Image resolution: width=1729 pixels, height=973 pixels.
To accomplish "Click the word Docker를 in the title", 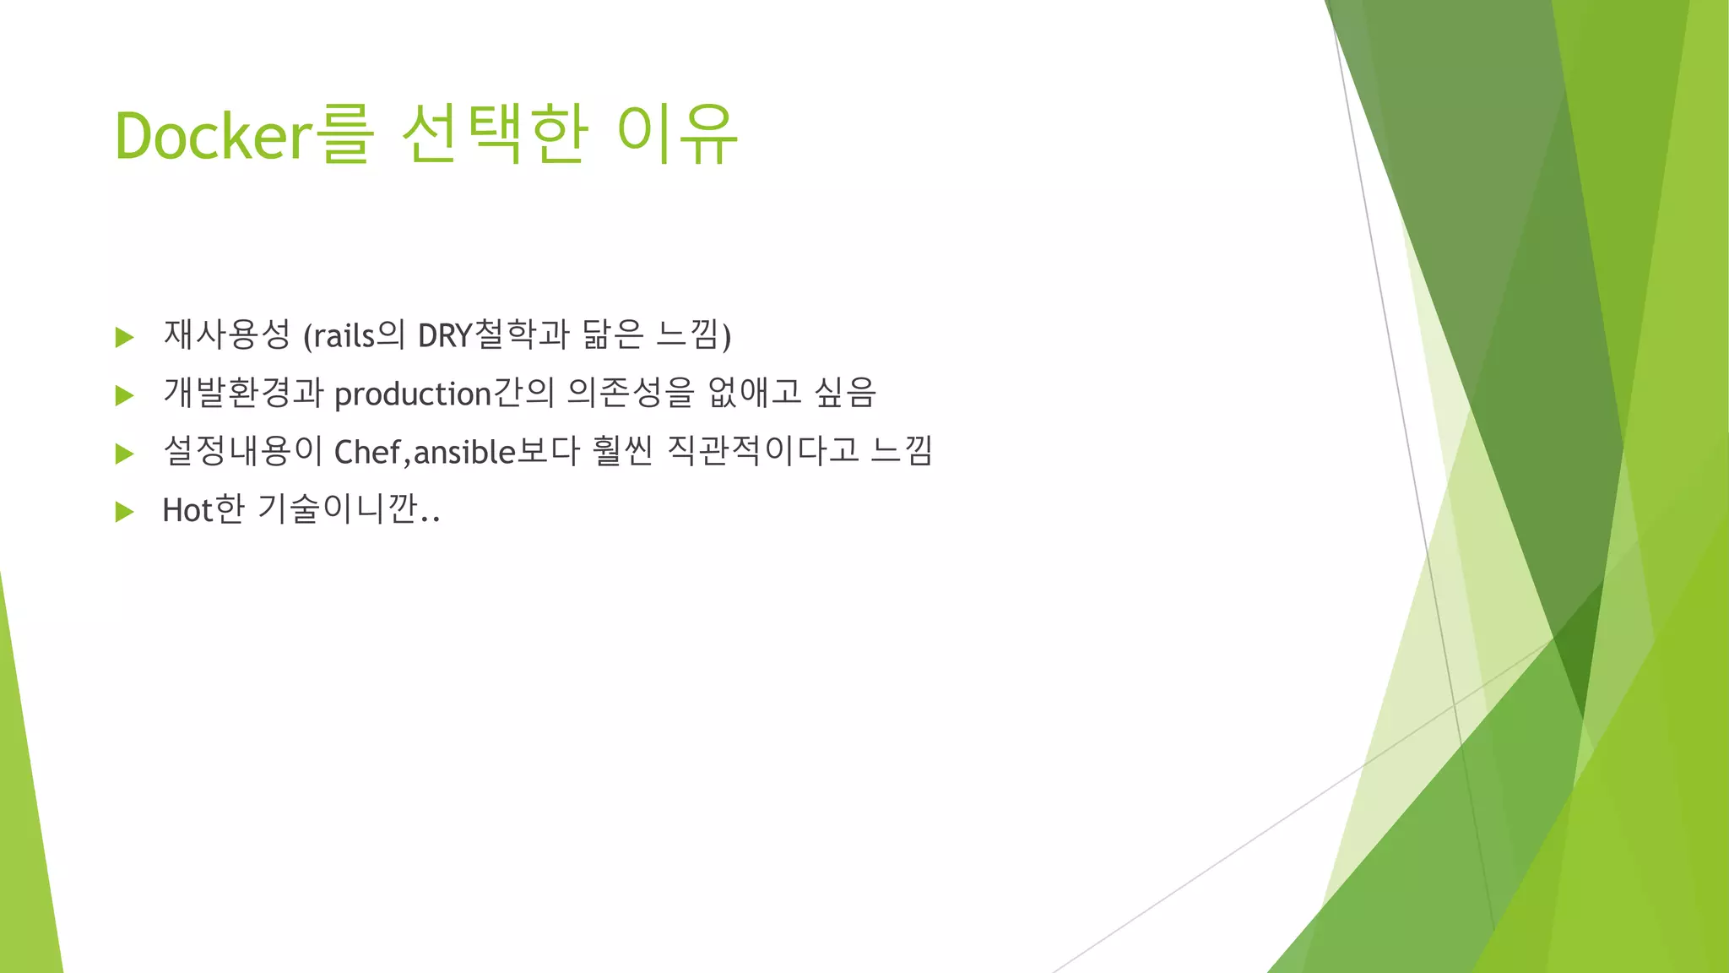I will point(243,135).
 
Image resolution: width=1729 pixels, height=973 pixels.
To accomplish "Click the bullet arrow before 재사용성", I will point(125,337).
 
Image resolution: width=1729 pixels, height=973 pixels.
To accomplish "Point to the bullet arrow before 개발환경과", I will point(125,395).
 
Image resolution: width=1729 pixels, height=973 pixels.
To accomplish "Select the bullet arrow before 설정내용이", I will point(125,454).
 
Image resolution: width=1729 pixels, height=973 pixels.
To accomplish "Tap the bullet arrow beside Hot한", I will point(125,511).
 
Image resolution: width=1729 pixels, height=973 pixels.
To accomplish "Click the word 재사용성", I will point(226,335).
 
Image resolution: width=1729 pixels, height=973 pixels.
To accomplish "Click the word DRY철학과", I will point(493,335).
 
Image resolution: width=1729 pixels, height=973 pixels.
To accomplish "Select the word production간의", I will point(444,394).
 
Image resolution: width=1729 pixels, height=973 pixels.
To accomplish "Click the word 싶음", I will point(845,393).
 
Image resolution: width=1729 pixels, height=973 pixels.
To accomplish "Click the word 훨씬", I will point(622,451).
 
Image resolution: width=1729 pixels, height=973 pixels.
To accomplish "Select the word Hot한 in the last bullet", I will point(203,509).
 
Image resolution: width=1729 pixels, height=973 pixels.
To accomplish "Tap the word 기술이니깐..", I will point(347,509).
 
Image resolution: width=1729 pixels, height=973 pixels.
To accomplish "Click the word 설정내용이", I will point(243,451).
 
